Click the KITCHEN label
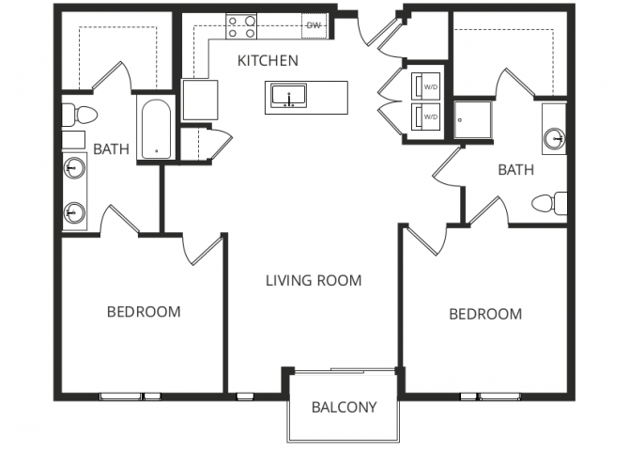[x=268, y=62]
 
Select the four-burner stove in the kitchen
[x=242, y=27]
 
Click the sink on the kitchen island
[x=288, y=95]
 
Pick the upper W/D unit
[x=428, y=84]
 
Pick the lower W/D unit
[x=428, y=117]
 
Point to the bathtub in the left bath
[x=155, y=129]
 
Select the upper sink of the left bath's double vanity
[x=74, y=170]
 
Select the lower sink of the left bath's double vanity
[x=74, y=213]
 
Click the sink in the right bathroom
[x=554, y=139]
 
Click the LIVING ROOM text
[x=313, y=280]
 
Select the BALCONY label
[x=344, y=408]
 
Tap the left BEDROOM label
[x=143, y=312]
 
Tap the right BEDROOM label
[x=484, y=314]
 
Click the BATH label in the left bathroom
[x=112, y=149]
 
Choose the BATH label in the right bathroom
[x=515, y=170]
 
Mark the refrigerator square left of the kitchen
[x=200, y=99]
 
